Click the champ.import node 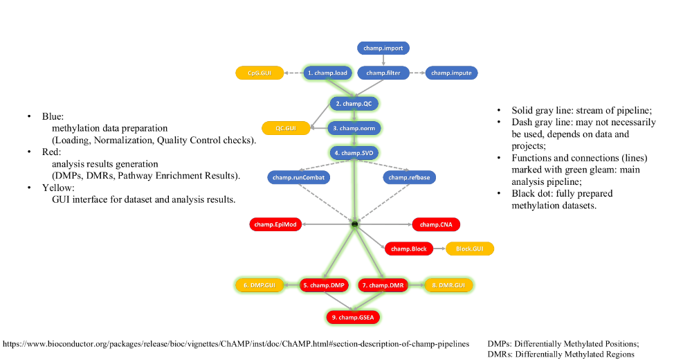(384, 48)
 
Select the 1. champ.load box (328, 73)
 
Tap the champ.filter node (384, 73)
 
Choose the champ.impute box (450, 73)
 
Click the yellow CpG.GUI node (260, 73)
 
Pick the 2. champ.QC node (354, 104)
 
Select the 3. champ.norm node (354, 128)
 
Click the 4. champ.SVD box (354, 152)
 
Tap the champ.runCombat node (297, 177)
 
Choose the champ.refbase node (408, 177)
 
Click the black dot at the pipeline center (354, 224)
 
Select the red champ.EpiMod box (274, 224)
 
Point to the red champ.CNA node (436, 224)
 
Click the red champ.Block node (409, 249)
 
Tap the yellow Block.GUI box (470, 249)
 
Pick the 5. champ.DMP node (323, 285)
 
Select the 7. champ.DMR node (381, 285)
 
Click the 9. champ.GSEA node (354, 317)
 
